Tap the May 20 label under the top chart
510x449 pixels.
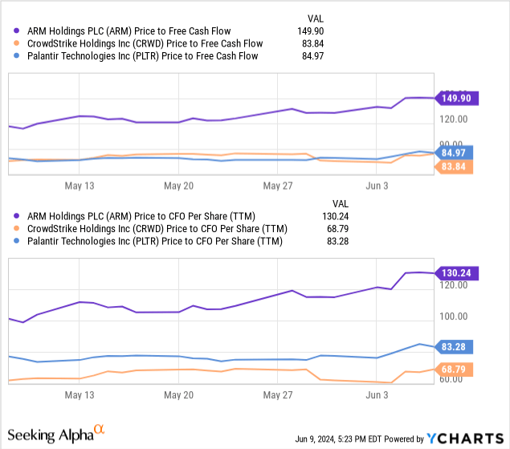pyautogui.click(x=178, y=185)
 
